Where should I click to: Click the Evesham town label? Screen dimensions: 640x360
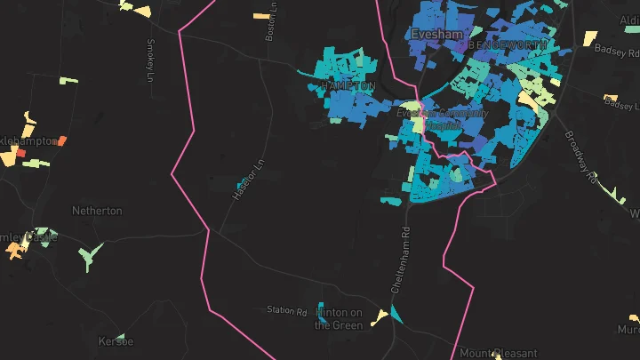(x=432, y=35)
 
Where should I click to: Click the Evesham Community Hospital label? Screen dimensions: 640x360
(x=443, y=119)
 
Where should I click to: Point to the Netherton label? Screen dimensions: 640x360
(x=97, y=212)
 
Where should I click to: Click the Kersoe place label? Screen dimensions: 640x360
(x=116, y=341)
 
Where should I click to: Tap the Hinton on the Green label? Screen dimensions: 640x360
(x=339, y=318)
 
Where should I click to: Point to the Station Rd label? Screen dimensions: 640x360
(x=286, y=311)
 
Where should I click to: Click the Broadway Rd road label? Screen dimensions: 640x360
(x=581, y=158)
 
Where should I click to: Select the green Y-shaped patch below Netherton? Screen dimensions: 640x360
(x=87, y=258)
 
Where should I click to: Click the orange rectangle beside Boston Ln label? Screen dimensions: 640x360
(x=260, y=15)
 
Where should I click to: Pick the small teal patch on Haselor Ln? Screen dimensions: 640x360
(x=241, y=183)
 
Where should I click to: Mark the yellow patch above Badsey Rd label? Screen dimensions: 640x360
(x=589, y=38)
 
